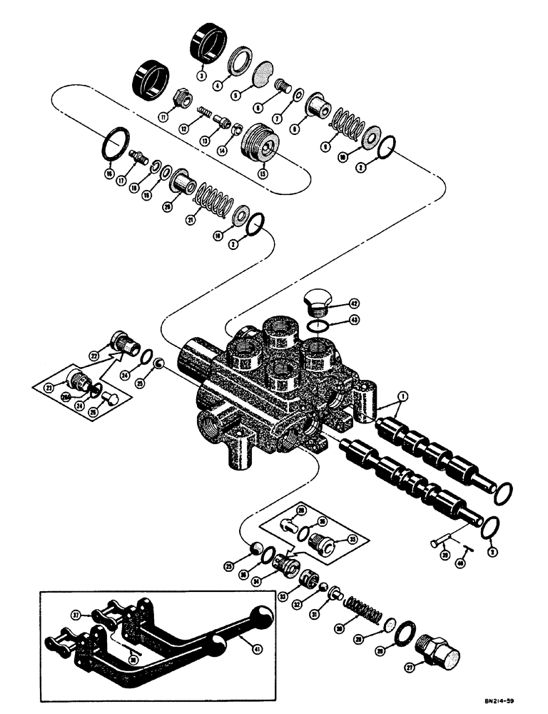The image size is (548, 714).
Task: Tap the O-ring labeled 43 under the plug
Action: pos(321,325)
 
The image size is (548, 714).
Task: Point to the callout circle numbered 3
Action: pos(202,76)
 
